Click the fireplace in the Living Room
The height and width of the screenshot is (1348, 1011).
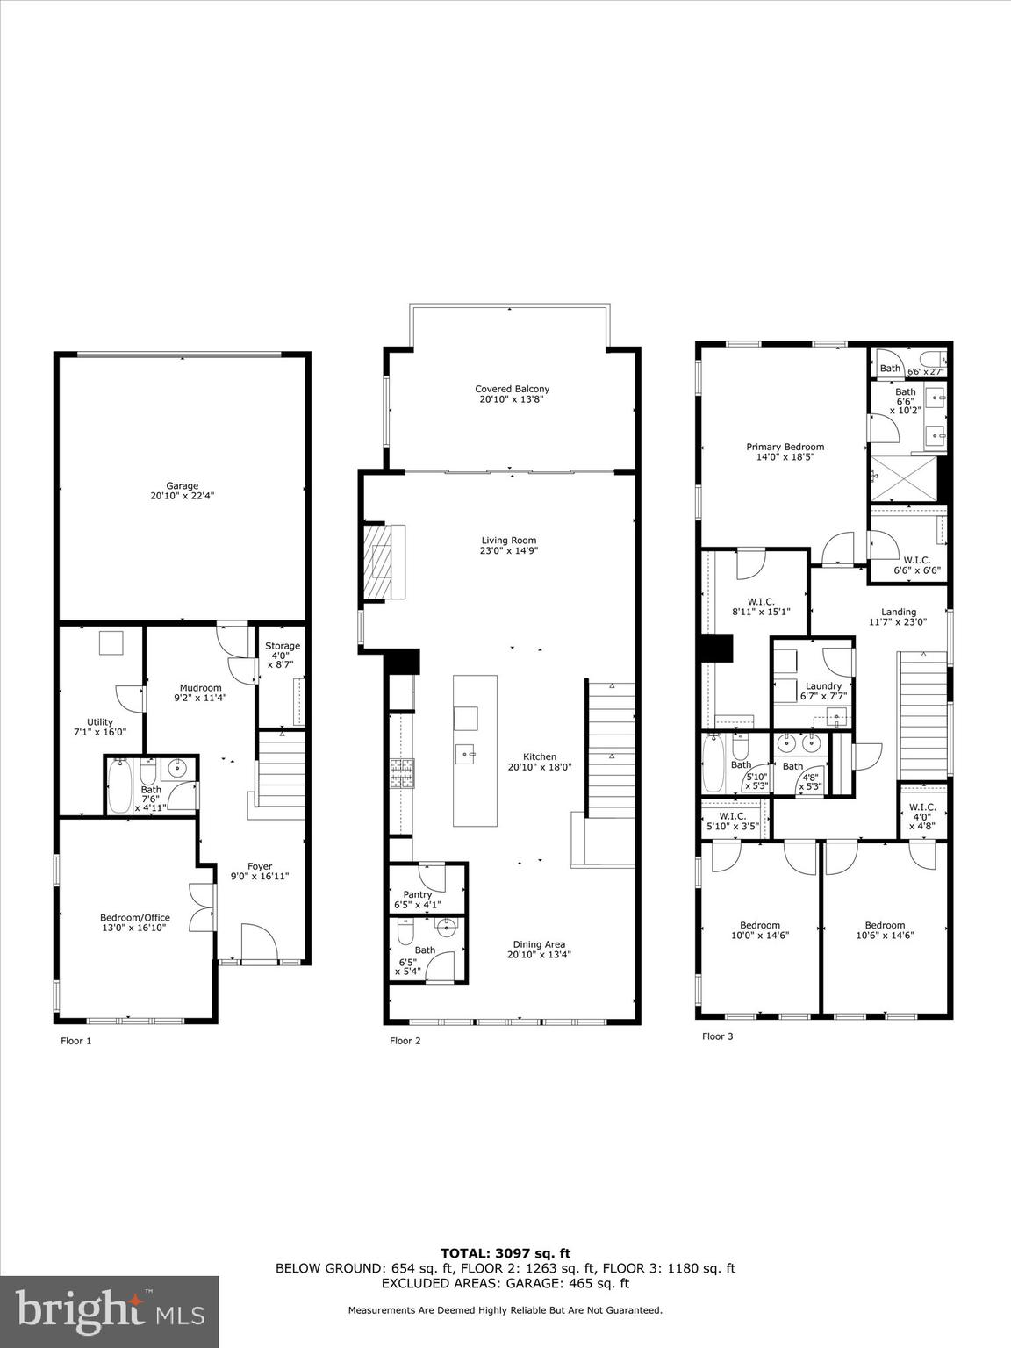pos(384,561)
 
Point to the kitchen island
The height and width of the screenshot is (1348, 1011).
pos(475,750)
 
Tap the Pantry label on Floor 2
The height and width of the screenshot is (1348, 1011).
pos(418,895)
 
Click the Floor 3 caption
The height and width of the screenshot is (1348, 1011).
pos(717,1036)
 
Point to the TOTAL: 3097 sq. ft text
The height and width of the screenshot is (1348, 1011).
pos(505,1254)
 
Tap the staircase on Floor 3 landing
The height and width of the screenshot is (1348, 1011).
pos(922,714)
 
